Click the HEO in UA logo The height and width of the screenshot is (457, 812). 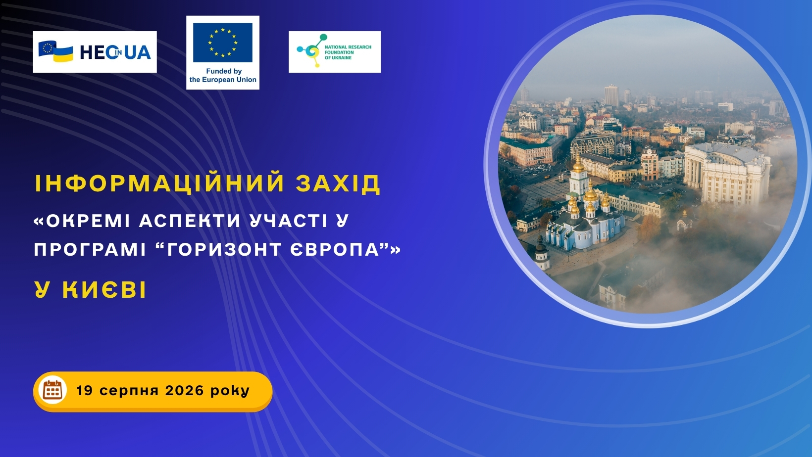click(x=95, y=52)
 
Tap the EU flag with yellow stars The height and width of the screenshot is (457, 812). click(x=223, y=43)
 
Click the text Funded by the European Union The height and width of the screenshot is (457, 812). click(x=223, y=76)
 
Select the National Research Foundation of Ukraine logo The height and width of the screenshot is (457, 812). click(x=335, y=52)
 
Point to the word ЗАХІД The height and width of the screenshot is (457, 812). click(x=338, y=183)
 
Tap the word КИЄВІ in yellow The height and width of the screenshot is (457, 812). click(x=104, y=290)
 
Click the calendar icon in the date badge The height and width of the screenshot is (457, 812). click(x=52, y=390)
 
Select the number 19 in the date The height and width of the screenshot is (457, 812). click(x=85, y=390)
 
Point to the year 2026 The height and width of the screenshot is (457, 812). click(x=185, y=390)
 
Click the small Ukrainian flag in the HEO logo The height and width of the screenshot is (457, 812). click(x=63, y=53)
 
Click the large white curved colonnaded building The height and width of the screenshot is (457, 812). click(x=727, y=173)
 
